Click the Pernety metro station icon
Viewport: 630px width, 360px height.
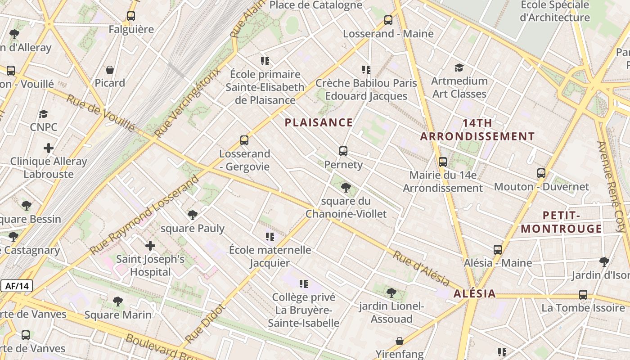tap(343, 151)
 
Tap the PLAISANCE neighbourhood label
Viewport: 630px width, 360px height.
tap(319, 122)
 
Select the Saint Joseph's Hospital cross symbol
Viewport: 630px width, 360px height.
tap(150, 246)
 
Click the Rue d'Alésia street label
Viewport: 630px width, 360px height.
tap(421, 268)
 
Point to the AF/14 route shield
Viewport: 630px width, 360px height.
tap(17, 286)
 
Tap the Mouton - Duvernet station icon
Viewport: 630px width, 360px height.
tap(541, 173)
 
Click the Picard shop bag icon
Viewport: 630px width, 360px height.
tap(110, 70)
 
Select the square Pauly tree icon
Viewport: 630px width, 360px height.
tap(193, 215)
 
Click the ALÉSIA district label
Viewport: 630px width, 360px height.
tap(474, 294)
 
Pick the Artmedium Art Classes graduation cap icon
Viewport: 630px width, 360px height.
tap(459, 67)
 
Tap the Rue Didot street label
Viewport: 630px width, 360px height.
tap(204, 323)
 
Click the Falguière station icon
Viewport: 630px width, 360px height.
tap(131, 16)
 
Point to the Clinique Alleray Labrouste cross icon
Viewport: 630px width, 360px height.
tap(49, 148)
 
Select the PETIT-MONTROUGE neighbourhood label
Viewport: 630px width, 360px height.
tap(561, 222)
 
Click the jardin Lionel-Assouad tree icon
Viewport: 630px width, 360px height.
tap(391, 293)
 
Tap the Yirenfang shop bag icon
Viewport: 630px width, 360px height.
tap(399, 341)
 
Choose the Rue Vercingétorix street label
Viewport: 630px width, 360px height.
tap(188, 103)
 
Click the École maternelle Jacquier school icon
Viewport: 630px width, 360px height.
tap(270, 236)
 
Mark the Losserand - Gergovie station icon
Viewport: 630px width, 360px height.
tap(244, 140)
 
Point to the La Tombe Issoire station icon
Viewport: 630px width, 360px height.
tap(583, 295)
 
